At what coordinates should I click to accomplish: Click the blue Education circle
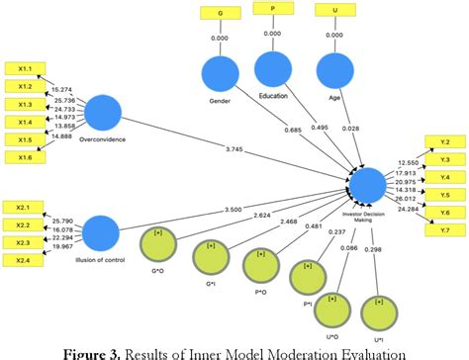274,69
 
